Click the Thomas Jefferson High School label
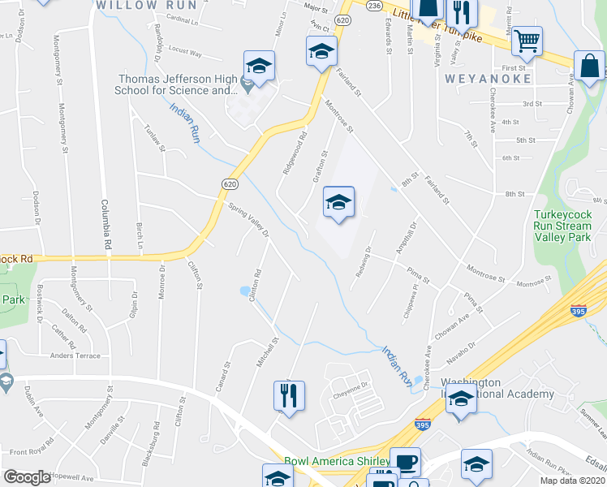[178, 84]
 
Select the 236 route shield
[374, 6]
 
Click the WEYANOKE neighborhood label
[488, 79]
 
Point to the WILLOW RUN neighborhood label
[146, 5]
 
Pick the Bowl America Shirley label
[334, 461]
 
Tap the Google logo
[27, 477]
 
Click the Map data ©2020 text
[573, 481]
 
